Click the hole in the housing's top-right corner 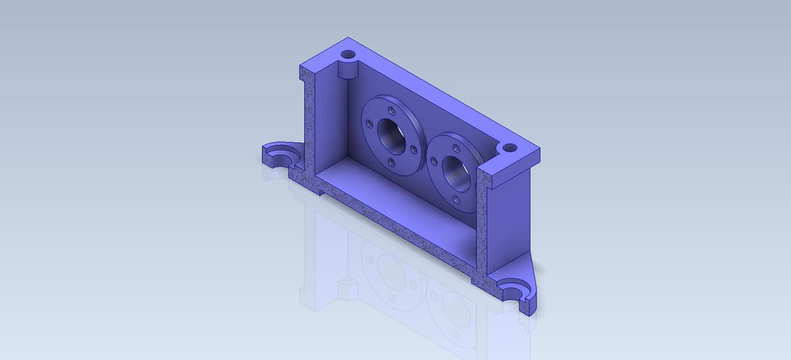509,148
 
